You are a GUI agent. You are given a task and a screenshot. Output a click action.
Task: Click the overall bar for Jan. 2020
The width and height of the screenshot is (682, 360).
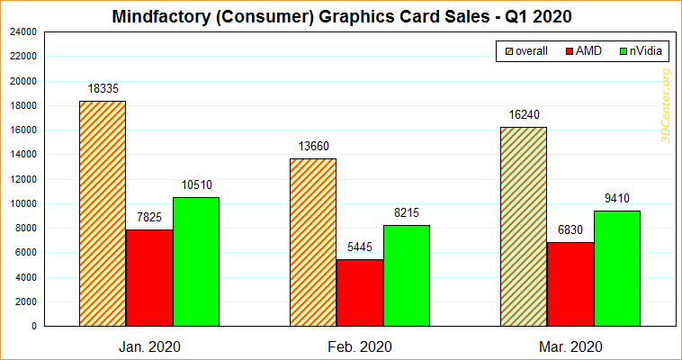(x=103, y=213)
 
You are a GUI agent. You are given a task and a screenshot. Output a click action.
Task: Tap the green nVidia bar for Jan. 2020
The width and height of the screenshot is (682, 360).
(x=196, y=261)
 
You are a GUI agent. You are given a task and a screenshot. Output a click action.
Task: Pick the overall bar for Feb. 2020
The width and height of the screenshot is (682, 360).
(x=312, y=242)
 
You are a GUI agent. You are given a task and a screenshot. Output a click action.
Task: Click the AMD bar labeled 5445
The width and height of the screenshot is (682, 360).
(x=359, y=292)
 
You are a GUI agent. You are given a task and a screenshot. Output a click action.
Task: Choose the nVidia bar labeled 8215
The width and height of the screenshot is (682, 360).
(x=406, y=275)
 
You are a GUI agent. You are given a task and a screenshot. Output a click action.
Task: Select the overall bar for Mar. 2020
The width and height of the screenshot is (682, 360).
(x=523, y=226)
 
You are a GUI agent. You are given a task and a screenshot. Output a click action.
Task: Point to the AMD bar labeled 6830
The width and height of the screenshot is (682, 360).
(x=570, y=283)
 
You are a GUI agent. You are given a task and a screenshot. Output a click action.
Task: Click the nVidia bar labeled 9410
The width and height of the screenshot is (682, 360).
(x=616, y=268)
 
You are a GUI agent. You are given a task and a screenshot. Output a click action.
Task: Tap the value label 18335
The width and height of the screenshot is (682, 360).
(x=103, y=89)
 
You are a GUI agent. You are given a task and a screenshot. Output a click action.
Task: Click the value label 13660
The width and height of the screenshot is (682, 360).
(x=313, y=147)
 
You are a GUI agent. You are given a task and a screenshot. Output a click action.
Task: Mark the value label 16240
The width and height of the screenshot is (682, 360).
(x=524, y=115)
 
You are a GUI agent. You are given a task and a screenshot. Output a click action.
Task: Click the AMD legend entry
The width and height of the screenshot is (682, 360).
(x=583, y=51)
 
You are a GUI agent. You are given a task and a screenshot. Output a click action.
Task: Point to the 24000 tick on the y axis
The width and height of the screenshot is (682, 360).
(x=22, y=31)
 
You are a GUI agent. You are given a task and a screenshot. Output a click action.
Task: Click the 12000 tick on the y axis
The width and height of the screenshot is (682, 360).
(x=22, y=179)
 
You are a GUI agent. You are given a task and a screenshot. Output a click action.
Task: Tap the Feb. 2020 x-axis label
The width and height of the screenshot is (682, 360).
(x=359, y=346)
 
